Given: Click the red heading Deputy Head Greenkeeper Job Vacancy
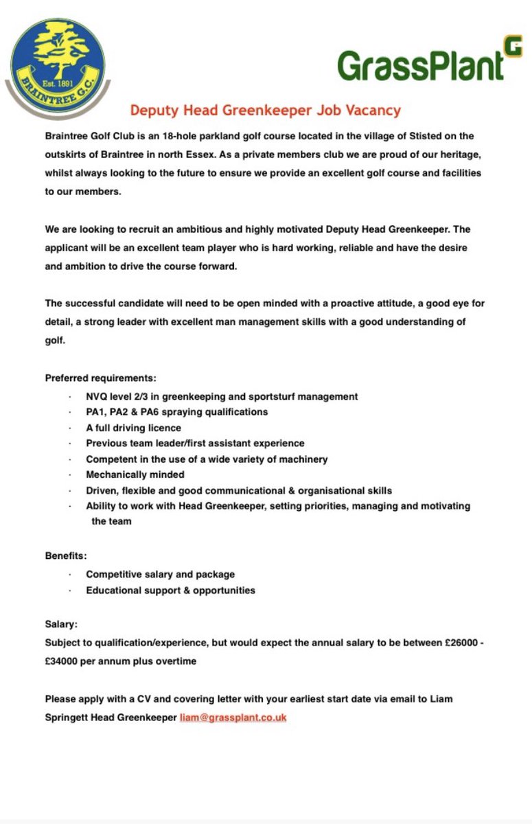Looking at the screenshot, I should (266, 111).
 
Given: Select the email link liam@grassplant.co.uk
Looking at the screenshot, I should (233, 718).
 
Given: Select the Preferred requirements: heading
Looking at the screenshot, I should (100, 378).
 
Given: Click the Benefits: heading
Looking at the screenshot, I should (66, 556).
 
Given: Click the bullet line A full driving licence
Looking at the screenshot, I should (133, 428).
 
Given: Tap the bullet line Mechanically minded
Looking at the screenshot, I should (135, 474).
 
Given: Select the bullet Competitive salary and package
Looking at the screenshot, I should (160, 574).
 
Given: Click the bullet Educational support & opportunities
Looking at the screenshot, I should (170, 590).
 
